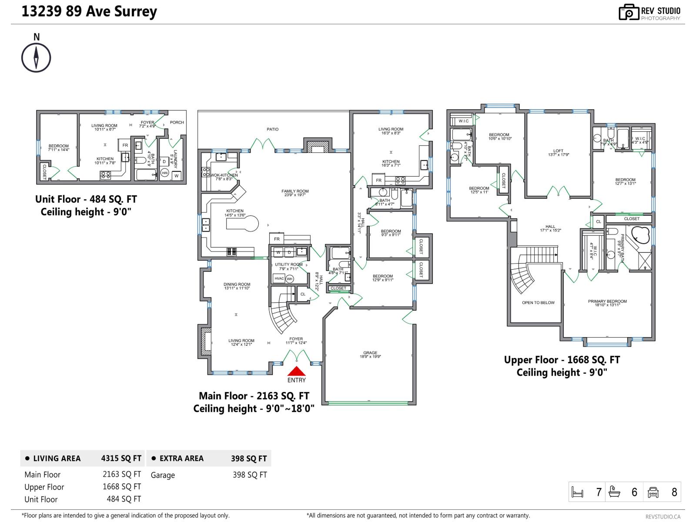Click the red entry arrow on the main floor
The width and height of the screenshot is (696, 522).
point(296,371)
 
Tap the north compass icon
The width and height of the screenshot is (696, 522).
point(36,57)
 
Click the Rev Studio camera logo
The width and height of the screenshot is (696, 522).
point(629,12)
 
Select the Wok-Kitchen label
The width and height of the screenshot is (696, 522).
point(224,175)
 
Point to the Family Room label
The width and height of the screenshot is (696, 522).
point(295,191)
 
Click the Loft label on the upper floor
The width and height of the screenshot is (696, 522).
point(558,151)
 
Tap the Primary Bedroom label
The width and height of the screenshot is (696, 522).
point(607,301)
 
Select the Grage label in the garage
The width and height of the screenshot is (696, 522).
point(370,353)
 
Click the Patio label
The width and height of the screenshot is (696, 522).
point(273,129)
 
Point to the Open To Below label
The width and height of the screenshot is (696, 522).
point(538,303)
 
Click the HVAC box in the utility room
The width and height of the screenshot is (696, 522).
point(279,279)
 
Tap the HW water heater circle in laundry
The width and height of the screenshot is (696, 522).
point(165,173)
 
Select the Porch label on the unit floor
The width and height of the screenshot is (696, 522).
point(177,123)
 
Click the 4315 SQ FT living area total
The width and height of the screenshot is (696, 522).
point(121,458)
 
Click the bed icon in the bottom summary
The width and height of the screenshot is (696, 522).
point(577,492)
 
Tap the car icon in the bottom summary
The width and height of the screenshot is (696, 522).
point(653,492)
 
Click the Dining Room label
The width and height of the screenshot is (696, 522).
point(237,285)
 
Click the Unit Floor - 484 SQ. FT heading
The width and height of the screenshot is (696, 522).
point(86,200)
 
